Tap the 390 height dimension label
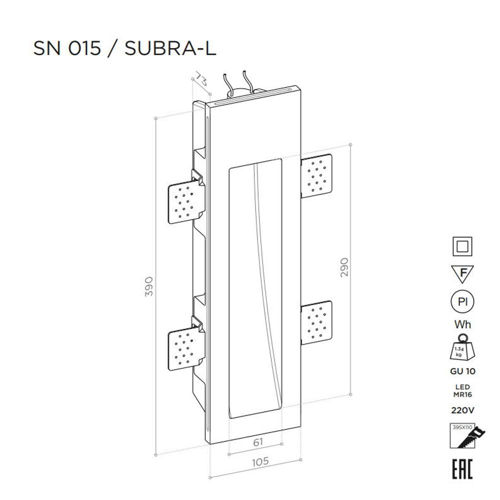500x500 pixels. coord(148,286)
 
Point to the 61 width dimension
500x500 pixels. coord(258,442)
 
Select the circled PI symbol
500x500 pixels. coord(462,302)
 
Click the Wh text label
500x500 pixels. coord(462,324)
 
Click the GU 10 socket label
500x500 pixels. coord(462,371)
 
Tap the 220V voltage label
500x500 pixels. coord(462,410)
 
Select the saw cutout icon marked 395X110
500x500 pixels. coord(462,435)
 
